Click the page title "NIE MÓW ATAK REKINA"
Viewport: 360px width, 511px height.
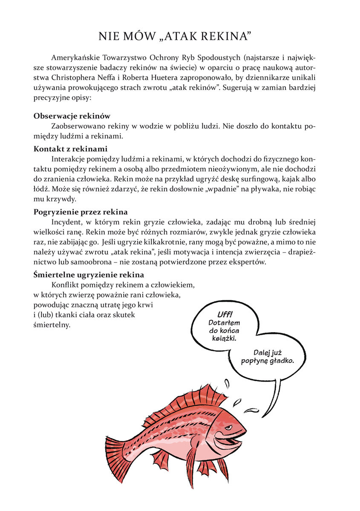point(180,36)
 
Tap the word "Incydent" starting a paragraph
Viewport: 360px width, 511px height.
point(65,222)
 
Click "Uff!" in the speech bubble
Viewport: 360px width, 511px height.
point(225,314)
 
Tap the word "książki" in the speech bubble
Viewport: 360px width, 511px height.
point(224,338)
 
